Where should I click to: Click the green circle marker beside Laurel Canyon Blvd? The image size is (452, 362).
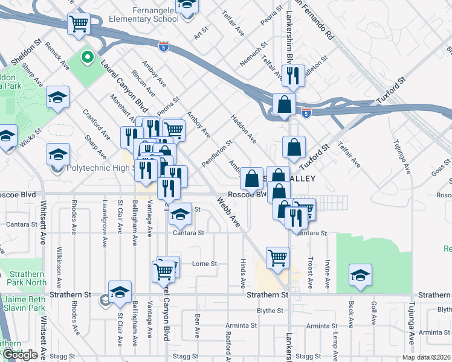pos(87,59)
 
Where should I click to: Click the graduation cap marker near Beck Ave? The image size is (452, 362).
pos(360,275)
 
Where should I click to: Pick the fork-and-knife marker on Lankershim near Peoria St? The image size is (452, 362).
pos(291,74)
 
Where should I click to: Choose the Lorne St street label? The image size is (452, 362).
pos(204,264)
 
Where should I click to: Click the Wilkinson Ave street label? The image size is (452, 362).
pos(59,265)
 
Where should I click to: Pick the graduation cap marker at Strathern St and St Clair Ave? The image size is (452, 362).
pos(120,292)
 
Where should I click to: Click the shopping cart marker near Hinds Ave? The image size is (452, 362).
pos(277,257)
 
